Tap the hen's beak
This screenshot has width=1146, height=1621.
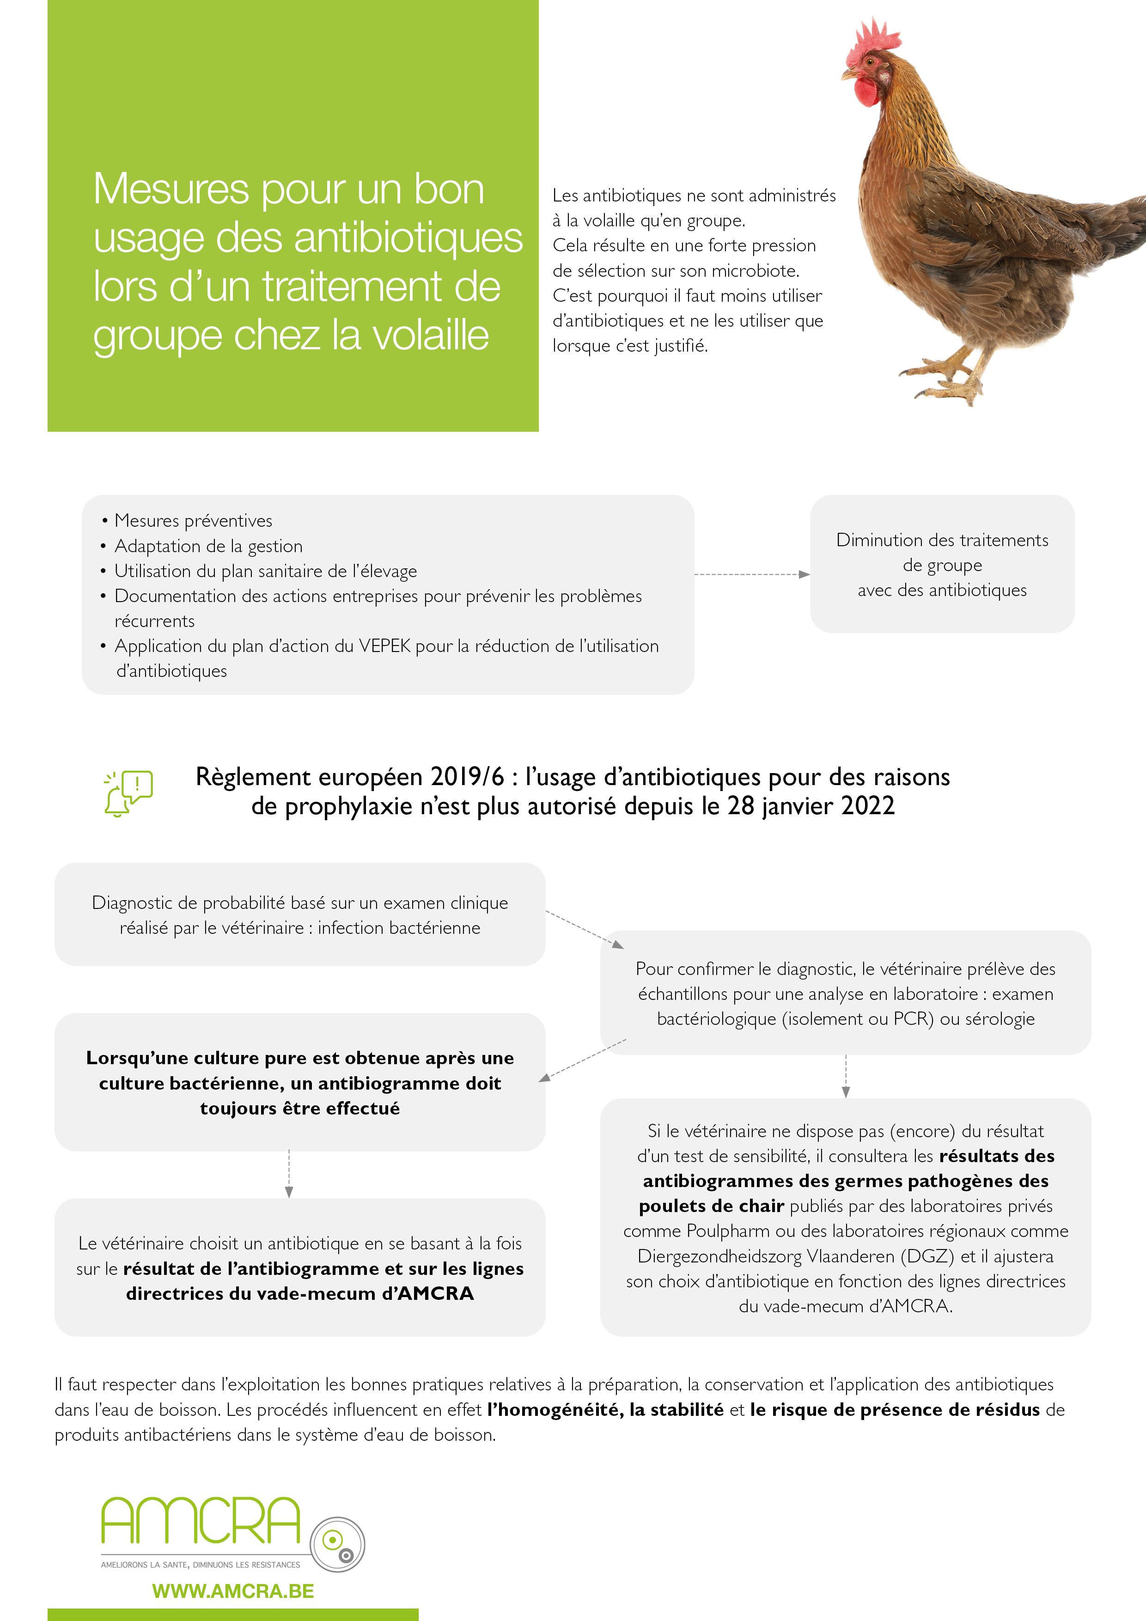tap(847, 73)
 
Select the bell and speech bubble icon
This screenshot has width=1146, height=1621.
tap(128, 793)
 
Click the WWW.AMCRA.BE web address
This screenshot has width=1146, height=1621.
tap(233, 1591)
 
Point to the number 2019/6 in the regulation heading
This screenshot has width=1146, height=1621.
tap(468, 777)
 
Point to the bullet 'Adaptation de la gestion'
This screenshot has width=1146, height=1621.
tap(208, 546)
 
